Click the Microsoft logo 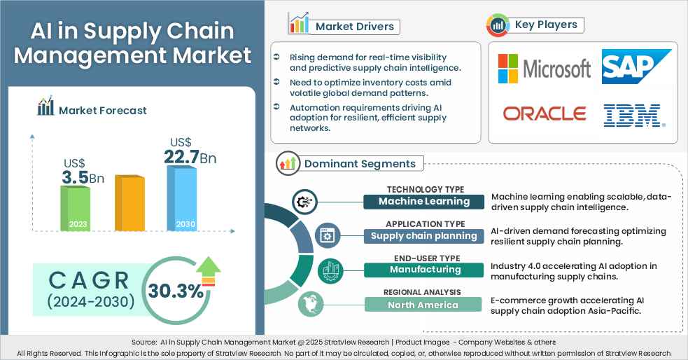(x=544, y=68)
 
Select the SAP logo (x=636, y=67)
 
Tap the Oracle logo (x=545, y=113)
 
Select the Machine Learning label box (x=423, y=202)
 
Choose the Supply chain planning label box (x=423, y=236)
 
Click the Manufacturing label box (x=423, y=270)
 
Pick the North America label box (x=423, y=305)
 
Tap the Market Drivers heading (x=354, y=27)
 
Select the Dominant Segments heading (x=359, y=164)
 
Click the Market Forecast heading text (x=102, y=110)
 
